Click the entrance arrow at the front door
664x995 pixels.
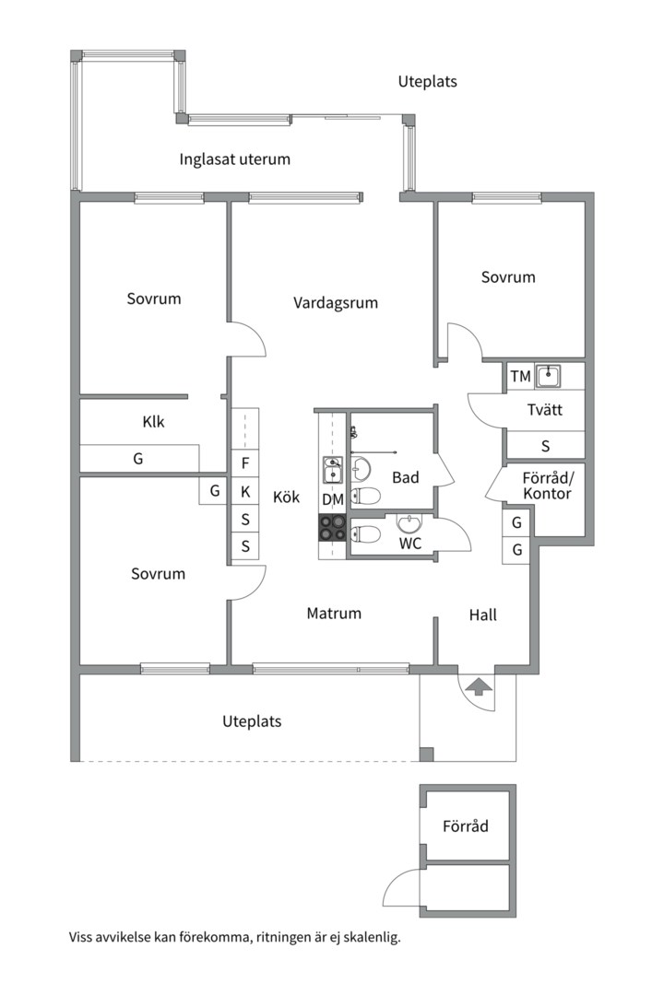[479, 685]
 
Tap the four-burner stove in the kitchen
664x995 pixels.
[333, 527]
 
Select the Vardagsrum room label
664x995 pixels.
[336, 302]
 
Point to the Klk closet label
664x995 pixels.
[153, 423]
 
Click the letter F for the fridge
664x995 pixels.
[244, 463]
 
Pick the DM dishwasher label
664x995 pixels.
[333, 499]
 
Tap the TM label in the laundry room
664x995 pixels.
[520, 376]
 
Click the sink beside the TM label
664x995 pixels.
[549, 375]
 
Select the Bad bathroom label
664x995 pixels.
[406, 477]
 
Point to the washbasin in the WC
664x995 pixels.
[409, 523]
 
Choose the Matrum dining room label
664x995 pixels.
[334, 613]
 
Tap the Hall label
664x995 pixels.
[482, 615]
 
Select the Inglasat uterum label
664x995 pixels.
[234, 159]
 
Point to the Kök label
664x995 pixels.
[286, 497]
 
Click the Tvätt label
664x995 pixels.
[545, 410]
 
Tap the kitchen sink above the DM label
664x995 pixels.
[332, 471]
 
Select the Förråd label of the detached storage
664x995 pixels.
[465, 826]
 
